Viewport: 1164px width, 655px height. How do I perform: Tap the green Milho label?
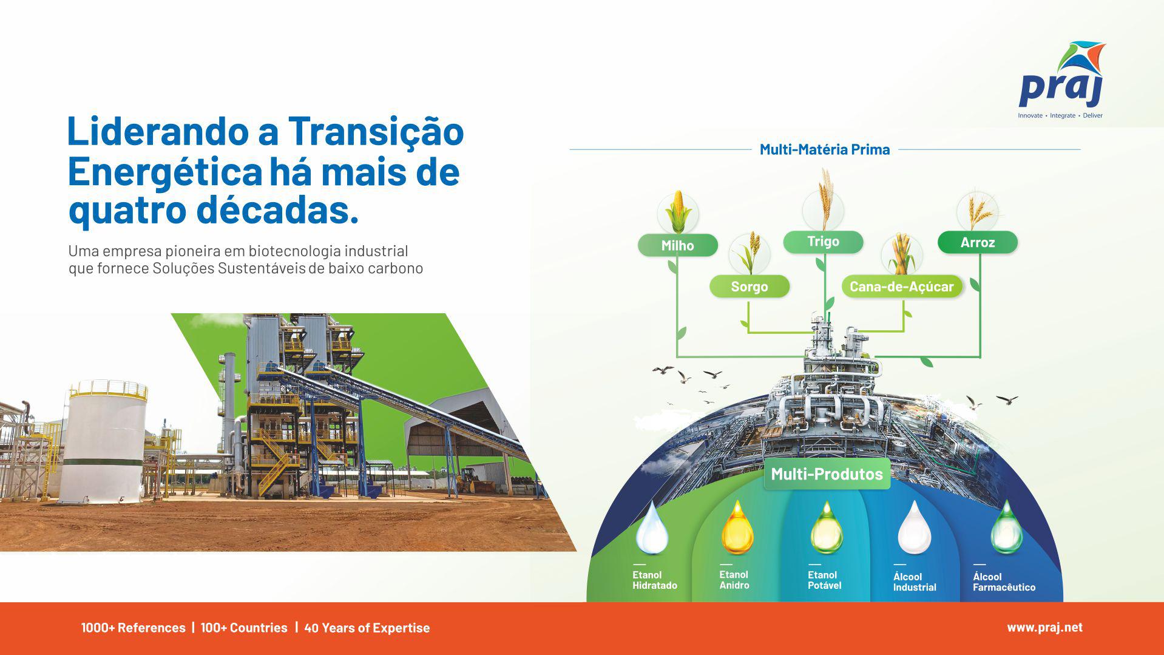point(677,245)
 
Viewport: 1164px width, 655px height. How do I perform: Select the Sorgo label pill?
point(749,287)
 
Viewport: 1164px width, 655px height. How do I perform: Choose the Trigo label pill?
point(823,242)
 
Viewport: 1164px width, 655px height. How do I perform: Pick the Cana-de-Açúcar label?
point(901,287)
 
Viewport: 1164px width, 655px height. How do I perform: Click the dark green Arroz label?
point(977,243)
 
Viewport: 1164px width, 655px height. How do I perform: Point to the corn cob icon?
point(677,212)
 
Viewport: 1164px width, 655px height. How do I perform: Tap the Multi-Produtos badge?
point(827,474)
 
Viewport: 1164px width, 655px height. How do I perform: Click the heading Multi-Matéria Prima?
point(825,149)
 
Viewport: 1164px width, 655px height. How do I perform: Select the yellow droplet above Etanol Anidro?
point(737,528)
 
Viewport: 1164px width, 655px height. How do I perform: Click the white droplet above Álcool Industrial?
point(914,528)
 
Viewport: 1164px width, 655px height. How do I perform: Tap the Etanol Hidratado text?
point(654,580)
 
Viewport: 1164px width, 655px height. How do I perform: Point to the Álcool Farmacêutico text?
point(1004,582)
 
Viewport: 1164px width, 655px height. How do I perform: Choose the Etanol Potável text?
point(824,580)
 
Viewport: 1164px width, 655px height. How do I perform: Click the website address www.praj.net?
point(1044,628)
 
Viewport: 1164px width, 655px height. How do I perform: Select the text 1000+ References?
point(134,628)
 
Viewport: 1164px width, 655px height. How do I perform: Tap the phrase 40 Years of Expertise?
point(367,628)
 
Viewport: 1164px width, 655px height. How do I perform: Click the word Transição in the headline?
point(376,131)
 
